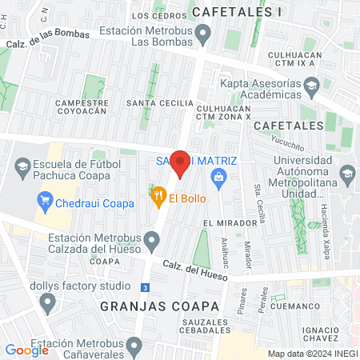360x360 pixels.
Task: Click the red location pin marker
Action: pos(181,164)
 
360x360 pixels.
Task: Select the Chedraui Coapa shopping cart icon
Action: pos(45,200)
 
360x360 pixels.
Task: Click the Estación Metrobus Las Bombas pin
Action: pos(203,34)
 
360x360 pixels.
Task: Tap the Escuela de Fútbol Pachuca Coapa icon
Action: pos(21,167)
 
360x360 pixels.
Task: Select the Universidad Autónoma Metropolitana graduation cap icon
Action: pos(348,174)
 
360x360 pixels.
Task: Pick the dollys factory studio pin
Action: pos(47,302)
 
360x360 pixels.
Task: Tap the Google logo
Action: pos(26,350)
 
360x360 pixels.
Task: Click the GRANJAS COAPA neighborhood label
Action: pos(160,306)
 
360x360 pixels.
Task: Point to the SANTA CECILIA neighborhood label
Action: pos(165,103)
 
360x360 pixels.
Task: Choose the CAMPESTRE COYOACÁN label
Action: pos(81,108)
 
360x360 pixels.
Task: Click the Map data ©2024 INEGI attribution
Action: pos(312,354)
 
